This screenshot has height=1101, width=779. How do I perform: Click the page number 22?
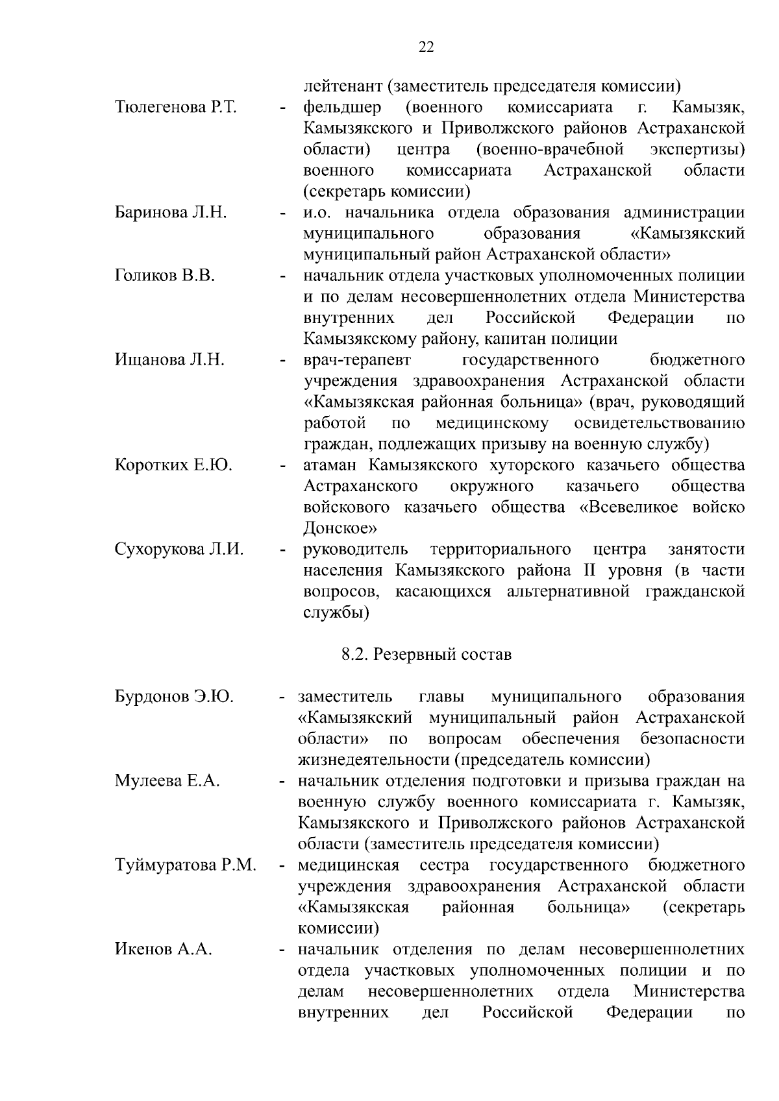point(427,47)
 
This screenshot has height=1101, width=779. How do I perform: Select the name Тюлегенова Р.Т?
point(176,108)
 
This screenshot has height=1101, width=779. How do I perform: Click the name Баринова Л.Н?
point(171,213)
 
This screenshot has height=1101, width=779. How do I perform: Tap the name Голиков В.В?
point(165,276)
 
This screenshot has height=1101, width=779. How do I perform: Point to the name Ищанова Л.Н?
point(169,360)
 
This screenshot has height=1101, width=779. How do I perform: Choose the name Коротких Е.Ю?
point(173,465)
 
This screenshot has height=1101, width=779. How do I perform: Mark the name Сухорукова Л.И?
point(179,550)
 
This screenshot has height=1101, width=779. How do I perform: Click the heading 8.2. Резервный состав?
point(427,655)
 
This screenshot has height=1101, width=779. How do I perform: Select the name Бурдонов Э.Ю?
point(174,697)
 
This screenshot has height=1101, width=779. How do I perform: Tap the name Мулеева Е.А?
point(167,781)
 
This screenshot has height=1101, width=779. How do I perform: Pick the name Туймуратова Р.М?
point(186,865)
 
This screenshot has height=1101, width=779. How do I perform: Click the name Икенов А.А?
point(164,950)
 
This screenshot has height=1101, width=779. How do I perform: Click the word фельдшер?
point(342,107)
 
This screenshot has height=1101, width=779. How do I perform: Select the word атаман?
point(330,465)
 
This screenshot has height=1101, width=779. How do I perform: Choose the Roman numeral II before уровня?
point(581,570)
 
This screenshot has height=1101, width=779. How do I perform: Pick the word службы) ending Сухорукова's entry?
point(336,612)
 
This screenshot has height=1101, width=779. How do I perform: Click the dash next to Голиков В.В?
point(283,277)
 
